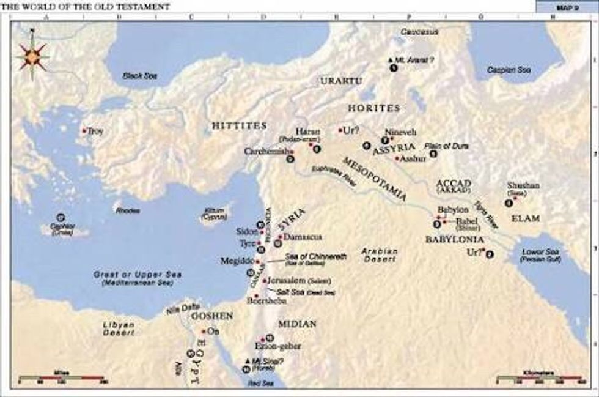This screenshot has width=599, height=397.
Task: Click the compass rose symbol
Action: click(32, 56)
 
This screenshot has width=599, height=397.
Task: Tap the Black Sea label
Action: click(139, 75)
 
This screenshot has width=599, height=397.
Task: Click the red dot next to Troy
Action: click(84, 130)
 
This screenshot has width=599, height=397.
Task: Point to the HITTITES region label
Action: click(240, 125)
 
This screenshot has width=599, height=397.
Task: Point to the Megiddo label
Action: click(238, 261)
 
